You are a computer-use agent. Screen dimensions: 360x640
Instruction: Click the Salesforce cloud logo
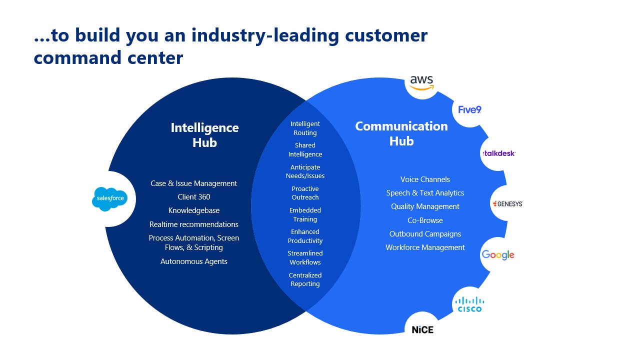(x=109, y=198)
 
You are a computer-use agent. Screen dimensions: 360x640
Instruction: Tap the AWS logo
(x=421, y=82)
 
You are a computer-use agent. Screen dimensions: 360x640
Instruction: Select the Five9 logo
(x=469, y=109)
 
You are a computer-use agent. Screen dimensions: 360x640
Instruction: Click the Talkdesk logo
(x=498, y=153)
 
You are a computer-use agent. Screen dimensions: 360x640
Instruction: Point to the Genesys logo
(x=507, y=203)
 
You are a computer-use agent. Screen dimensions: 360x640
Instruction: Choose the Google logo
(x=498, y=255)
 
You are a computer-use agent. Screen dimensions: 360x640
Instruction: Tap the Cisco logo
(x=469, y=304)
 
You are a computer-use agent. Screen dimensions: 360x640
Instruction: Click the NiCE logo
(x=422, y=329)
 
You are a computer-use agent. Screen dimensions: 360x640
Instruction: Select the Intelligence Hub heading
(x=204, y=135)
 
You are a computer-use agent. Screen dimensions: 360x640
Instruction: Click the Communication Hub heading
(x=401, y=133)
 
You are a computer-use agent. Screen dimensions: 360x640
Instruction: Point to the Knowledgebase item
(x=194, y=210)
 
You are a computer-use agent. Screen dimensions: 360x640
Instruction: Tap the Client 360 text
(x=194, y=197)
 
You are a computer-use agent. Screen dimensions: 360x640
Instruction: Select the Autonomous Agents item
(x=194, y=261)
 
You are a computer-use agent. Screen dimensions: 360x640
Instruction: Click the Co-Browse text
(x=425, y=220)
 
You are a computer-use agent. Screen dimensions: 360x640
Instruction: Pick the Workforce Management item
(x=425, y=247)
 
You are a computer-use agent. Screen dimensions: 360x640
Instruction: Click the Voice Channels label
(x=425, y=179)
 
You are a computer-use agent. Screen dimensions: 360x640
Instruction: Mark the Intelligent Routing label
(x=305, y=128)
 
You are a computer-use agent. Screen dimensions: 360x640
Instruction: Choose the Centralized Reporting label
(x=305, y=279)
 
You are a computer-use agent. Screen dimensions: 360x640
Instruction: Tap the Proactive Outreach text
(x=305, y=193)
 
